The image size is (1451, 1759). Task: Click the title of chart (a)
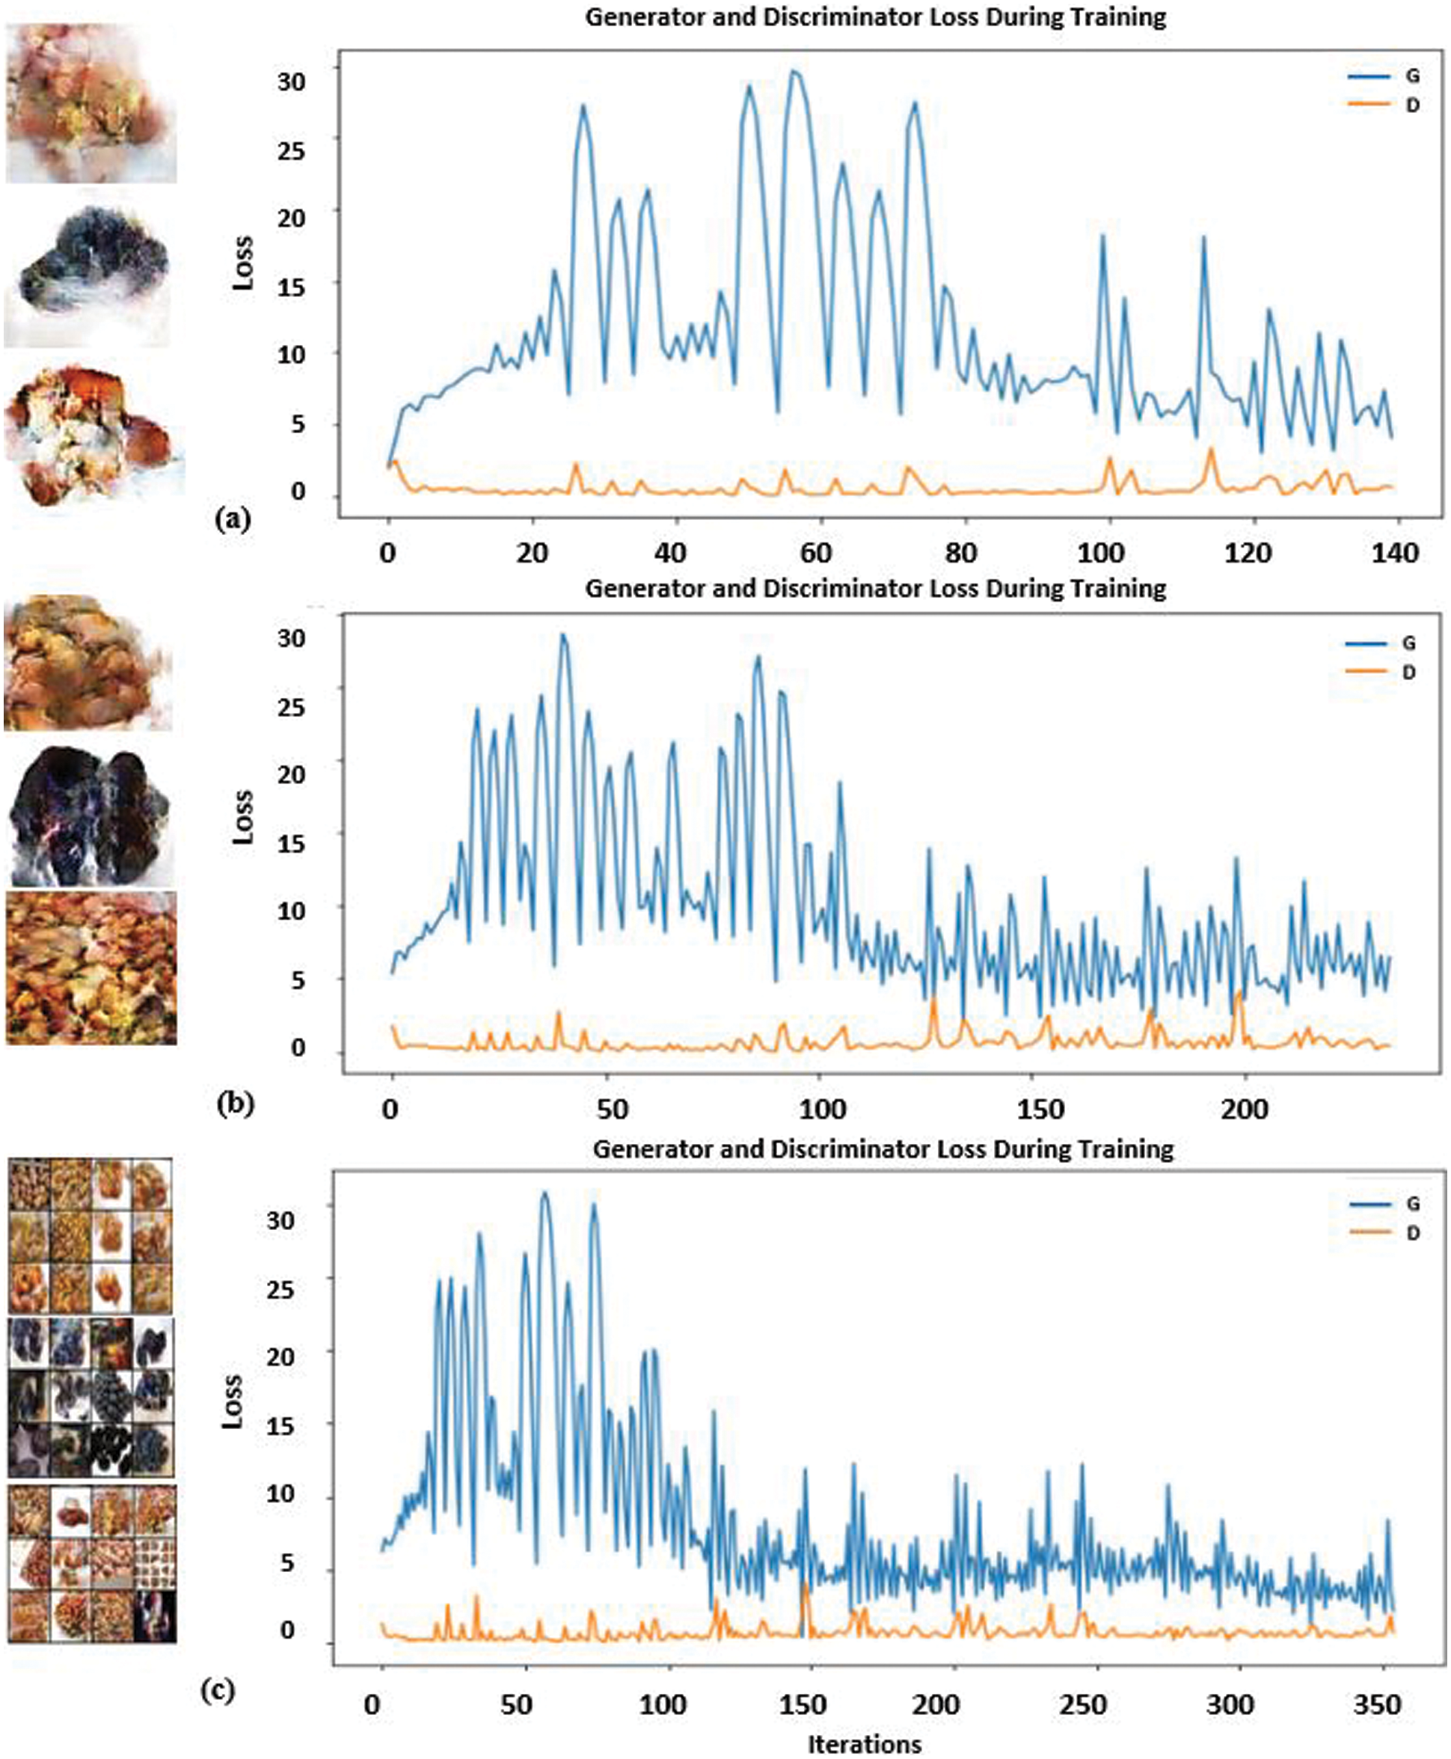[x=875, y=17]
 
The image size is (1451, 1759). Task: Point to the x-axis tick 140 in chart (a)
[x=1395, y=553]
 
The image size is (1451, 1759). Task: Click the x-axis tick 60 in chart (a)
[x=816, y=553]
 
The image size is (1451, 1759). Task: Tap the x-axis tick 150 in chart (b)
[x=1040, y=1110]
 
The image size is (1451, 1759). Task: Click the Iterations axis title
[x=865, y=1744]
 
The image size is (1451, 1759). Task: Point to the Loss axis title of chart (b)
[x=242, y=817]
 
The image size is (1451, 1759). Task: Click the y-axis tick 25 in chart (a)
[x=291, y=151]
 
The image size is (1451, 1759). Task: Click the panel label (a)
[x=233, y=520]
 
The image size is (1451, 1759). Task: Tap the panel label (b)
[x=234, y=1104]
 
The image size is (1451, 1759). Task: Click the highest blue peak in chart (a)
[x=795, y=72]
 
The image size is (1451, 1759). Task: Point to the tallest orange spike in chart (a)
[x=1209, y=450]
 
